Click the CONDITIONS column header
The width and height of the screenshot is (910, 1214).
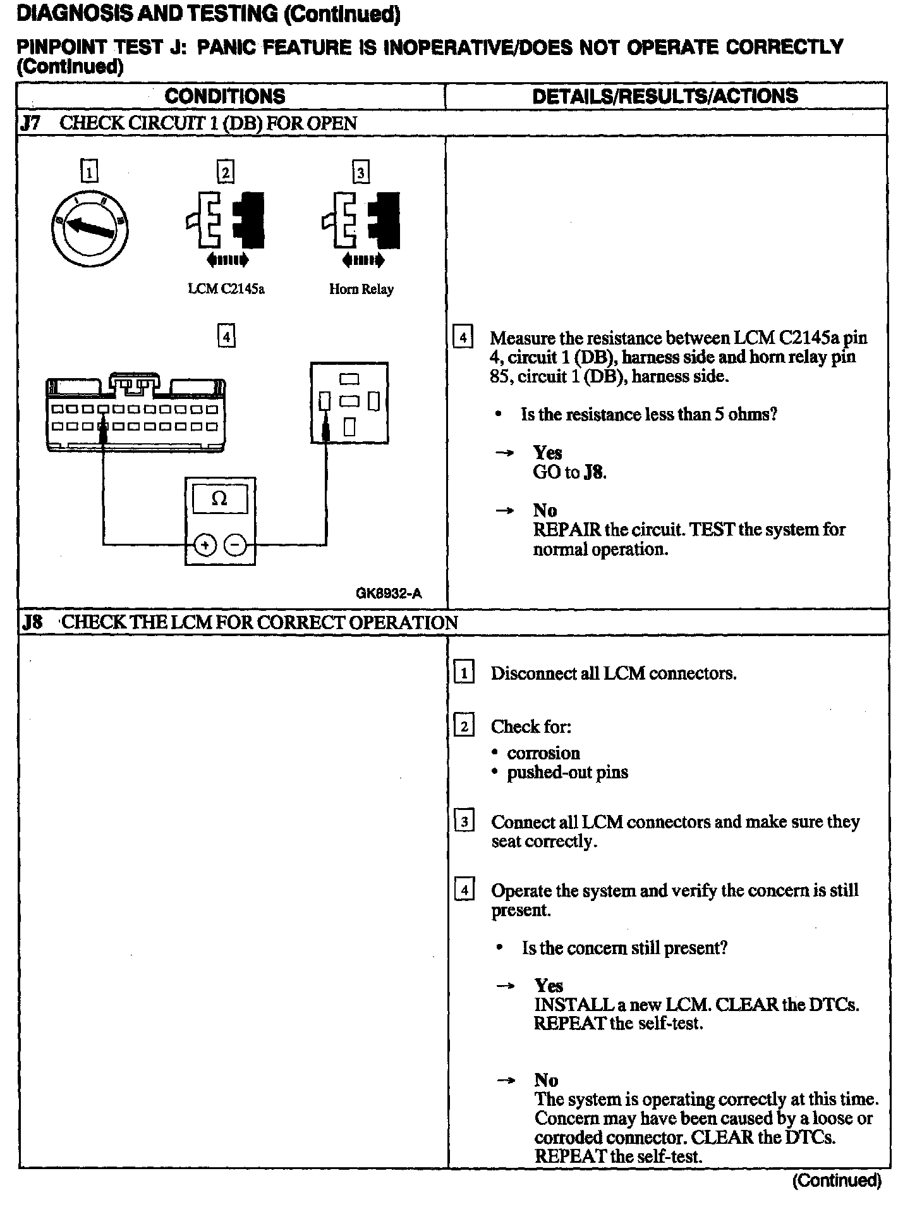(x=224, y=96)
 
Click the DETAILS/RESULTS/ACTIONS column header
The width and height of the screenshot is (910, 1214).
(x=665, y=96)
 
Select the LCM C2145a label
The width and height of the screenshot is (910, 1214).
(x=226, y=289)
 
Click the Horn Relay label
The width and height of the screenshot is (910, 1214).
(x=361, y=289)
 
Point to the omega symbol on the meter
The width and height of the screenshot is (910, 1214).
(x=219, y=499)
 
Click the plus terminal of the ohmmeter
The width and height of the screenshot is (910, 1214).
(x=205, y=545)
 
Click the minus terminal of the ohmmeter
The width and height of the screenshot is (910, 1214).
(x=235, y=545)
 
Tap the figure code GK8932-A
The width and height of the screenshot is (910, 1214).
(x=388, y=593)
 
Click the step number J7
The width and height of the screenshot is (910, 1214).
(x=30, y=123)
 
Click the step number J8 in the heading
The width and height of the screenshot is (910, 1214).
(x=32, y=622)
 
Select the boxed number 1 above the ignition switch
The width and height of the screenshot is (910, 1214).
(x=90, y=172)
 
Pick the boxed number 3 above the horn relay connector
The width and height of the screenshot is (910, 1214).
(x=360, y=172)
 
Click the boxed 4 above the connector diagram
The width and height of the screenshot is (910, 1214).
(x=226, y=335)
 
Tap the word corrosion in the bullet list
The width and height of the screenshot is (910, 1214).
(x=543, y=753)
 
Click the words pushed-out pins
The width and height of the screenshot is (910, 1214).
(x=567, y=772)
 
